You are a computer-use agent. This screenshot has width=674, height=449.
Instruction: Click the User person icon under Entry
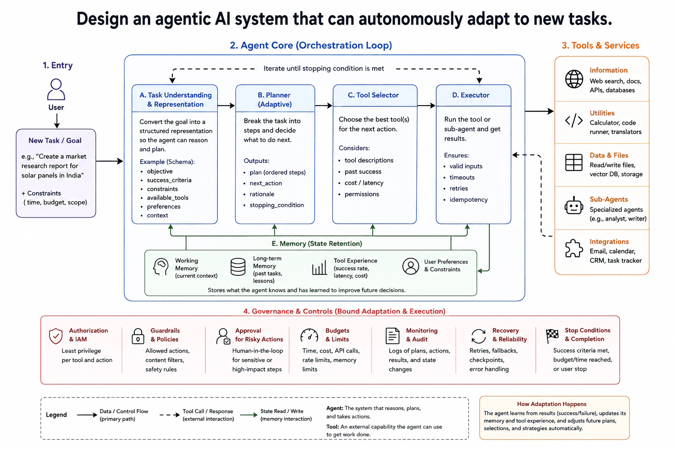[56, 89]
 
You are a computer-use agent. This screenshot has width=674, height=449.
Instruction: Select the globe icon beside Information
[574, 79]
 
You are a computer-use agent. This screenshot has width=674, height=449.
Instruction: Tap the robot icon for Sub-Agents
[574, 206]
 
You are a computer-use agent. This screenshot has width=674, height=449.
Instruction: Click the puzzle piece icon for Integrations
[574, 249]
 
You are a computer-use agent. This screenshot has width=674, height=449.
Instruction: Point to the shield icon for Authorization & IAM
[56, 336]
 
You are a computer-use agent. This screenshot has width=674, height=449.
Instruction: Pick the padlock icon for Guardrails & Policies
[138, 336]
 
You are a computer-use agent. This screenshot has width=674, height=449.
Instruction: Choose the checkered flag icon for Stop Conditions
[552, 336]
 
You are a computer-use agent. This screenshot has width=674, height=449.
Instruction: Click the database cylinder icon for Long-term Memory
[238, 267]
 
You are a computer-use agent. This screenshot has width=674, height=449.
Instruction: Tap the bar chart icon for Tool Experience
[319, 267]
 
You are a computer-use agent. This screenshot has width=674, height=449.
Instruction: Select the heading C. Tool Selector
[373, 95]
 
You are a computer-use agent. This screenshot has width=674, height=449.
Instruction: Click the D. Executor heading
[470, 95]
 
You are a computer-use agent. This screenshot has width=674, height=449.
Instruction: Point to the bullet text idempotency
[469, 200]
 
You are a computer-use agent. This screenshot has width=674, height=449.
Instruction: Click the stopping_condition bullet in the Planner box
[276, 205]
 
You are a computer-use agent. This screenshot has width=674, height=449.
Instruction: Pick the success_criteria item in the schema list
[169, 180]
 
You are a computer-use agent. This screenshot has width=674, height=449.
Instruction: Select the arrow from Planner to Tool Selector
[323, 106]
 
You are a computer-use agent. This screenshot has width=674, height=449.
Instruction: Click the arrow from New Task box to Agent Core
[110, 161]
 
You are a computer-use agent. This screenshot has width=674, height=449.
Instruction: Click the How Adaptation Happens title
[552, 404]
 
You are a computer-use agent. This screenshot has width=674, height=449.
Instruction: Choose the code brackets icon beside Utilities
[574, 121]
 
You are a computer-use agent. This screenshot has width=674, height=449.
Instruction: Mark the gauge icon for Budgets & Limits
[309, 335]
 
